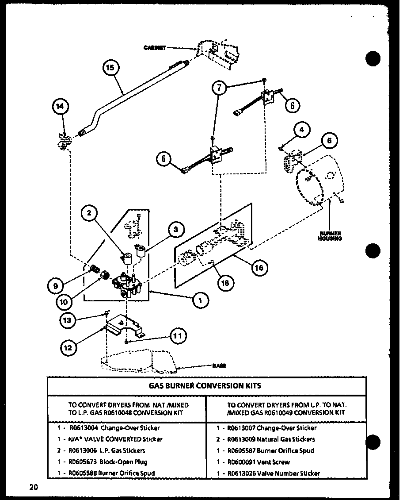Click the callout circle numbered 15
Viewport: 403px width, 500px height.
tap(110, 68)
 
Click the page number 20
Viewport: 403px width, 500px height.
tap(34, 488)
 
